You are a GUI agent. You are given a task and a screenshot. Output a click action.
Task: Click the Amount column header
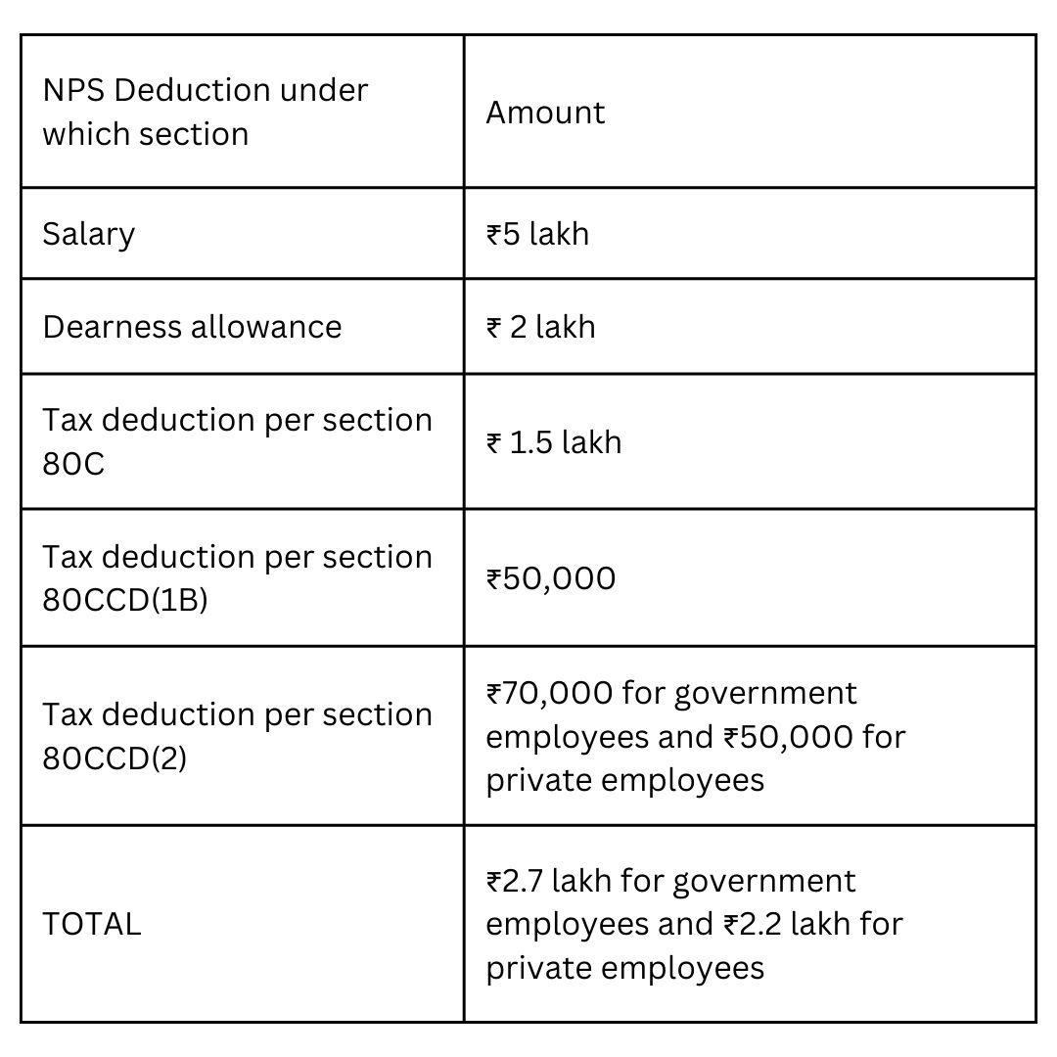pyautogui.click(x=545, y=113)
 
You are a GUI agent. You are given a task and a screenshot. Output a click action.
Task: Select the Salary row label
pyautogui.click(x=89, y=234)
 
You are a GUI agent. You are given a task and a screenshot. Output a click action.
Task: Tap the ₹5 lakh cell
pyautogui.click(x=537, y=234)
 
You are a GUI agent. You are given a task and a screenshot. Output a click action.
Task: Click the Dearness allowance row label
pyautogui.click(x=192, y=326)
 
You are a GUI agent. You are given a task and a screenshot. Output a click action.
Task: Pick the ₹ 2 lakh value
pyautogui.click(x=540, y=326)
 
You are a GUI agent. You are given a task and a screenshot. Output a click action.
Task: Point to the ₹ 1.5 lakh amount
pyautogui.click(x=553, y=442)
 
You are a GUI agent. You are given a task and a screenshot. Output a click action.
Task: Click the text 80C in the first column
pyautogui.click(x=73, y=464)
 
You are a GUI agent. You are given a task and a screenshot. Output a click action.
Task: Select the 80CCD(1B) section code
pyautogui.click(x=125, y=600)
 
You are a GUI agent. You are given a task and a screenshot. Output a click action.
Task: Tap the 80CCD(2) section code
pyautogui.click(x=115, y=758)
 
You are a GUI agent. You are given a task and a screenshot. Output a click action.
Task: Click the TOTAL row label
pyautogui.click(x=92, y=924)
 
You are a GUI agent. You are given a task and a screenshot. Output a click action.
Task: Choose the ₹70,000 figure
pyautogui.click(x=548, y=693)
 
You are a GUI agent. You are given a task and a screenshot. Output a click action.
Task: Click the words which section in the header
pyautogui.click(x=146, y=134)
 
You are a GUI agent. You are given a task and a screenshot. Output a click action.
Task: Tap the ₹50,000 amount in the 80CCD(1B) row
pyautogui.click(x=551, y=578)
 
